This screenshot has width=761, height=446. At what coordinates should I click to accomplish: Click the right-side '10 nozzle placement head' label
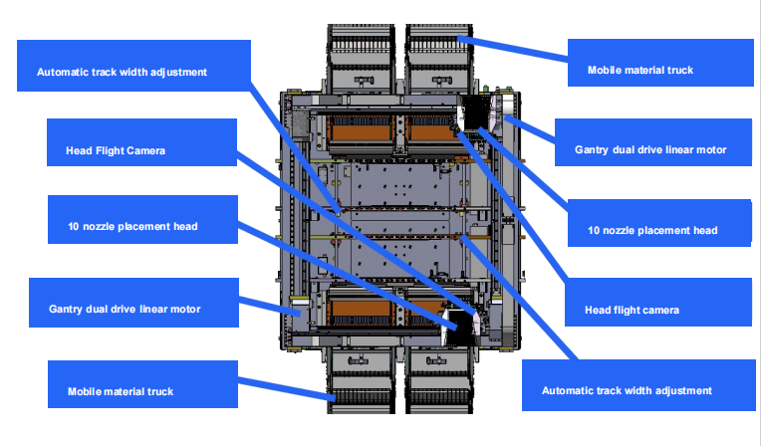point(658,231)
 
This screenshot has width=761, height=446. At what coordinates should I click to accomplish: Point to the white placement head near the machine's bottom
point(461,322)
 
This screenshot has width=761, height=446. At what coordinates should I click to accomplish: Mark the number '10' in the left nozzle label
point(61,226)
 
